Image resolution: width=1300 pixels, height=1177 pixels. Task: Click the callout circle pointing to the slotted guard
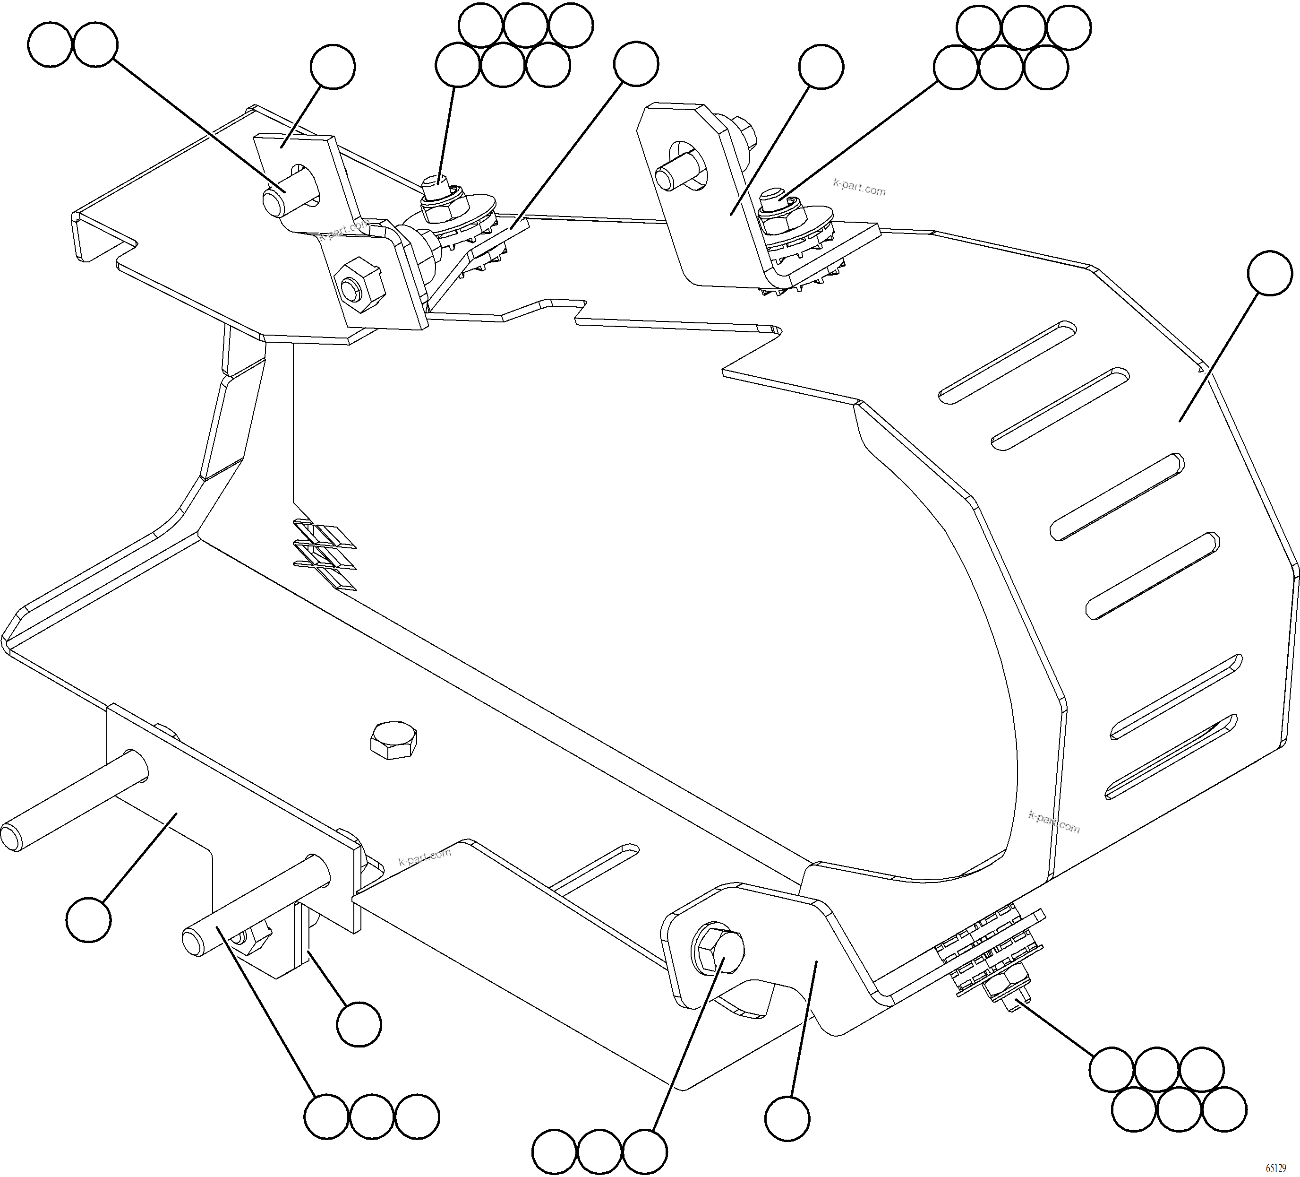1270,274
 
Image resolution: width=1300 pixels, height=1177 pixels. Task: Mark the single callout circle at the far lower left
88,919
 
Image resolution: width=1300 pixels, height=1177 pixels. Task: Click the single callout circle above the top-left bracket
332,67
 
